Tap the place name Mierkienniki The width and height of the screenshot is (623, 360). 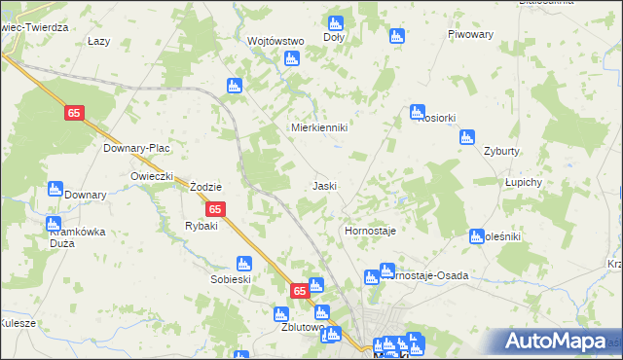pyautogui.click(x=320, y=127)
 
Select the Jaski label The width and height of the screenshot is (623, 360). pyautogui.click(x=324, y=185)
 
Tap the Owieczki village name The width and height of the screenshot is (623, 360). pyautogui.click(x=152, y=175)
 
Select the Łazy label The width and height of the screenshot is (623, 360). pyautogui.click(x=98, y=41)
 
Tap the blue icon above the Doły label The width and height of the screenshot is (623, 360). pyautogui.click(x=336, y=22)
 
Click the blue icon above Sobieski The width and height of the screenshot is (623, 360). pyautogui.click(x=243, y=263)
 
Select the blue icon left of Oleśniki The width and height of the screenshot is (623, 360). pyautogui.click(x=476, y=235)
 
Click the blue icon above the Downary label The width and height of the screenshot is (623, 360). pyautogui.click(x=55, y=188)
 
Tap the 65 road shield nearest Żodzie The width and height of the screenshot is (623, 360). pyautogui.click(x=216, y=209)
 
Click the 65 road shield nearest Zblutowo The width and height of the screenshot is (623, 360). pyautogui.click(x=299, y=291)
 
